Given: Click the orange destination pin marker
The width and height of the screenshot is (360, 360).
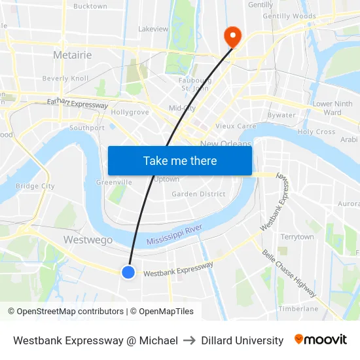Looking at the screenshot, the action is click(232, 36).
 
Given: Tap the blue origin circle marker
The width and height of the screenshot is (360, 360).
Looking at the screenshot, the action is click(128, 272).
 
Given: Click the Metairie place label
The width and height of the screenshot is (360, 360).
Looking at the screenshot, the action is click(72, 55).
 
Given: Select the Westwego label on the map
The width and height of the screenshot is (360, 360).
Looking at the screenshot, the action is click(87, 240).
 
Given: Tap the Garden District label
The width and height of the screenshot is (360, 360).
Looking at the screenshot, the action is click(198, 194).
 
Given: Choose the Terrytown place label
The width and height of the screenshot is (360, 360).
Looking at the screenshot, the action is click(297, 237).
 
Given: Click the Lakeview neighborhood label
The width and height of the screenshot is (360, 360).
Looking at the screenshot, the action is click(153, 29).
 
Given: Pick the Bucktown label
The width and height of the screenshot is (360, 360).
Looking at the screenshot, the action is click(90, 7).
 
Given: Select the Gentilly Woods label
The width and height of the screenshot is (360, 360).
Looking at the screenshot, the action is click(289, 16).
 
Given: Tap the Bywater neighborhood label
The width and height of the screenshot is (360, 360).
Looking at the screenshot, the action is click(281, 115).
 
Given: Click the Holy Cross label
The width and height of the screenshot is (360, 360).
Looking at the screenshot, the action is click(316, 132).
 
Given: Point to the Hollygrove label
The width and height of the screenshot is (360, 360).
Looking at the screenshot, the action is click(130, 112).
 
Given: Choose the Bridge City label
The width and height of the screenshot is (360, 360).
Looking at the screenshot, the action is click(35, 187).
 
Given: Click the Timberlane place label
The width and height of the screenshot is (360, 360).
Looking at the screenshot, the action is click(298, 309).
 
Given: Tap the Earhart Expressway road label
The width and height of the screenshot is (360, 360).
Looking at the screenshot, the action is click(77, 103).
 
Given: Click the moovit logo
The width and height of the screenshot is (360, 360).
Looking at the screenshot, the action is click(320, 340).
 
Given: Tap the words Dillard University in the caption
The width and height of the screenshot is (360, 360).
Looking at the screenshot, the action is click(242, 340).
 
